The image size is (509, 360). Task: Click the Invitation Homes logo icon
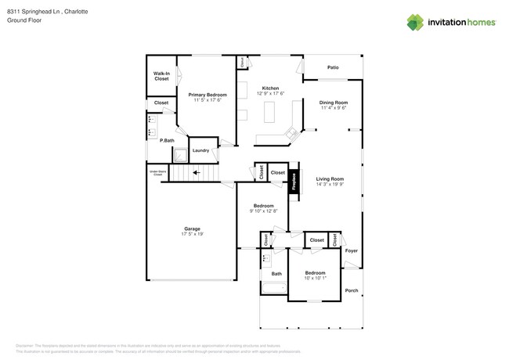(x=415, y=22)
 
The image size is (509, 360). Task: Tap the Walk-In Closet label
(x=161, y=76)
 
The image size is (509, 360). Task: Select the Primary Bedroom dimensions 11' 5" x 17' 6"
(x=207, y=99)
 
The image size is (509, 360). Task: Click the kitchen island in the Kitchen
(x=271, y=114)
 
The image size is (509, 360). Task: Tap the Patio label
(x=333, y=68)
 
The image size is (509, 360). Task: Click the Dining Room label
(x=334, y=103)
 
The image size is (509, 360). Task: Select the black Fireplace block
(x=294, y=182)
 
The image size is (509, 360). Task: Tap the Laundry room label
(x=200, y=150)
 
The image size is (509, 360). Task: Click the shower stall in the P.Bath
(x=180, y=154)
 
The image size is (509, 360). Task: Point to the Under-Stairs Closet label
(x=157, y=173)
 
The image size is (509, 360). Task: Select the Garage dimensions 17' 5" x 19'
(x=192, y=234)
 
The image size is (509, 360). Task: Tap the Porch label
(x=352, y=291)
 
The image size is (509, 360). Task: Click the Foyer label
(x=352, y=251)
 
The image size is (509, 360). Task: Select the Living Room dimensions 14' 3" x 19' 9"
(x=330, y=185)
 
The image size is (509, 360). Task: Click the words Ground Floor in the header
(x=24, y=20)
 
